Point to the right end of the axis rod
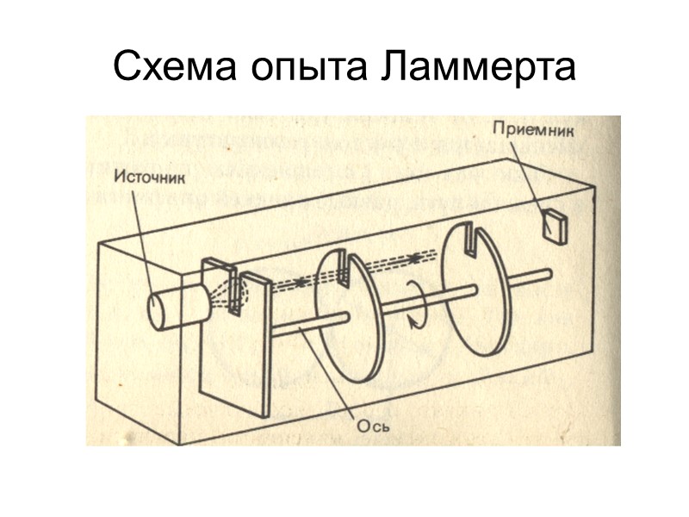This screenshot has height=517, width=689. pos(544,274)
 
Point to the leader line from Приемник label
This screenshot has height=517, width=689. pos(530,177)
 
